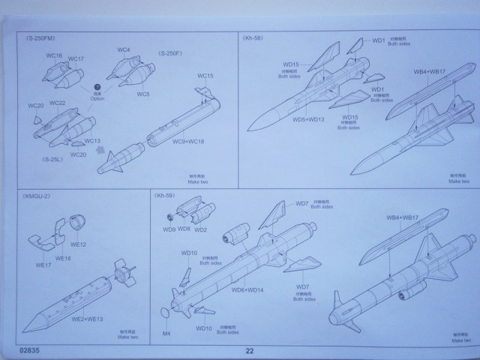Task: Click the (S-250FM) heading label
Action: click(40, 36)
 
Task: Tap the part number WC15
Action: click(205, 76)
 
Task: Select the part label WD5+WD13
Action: click(308, 118)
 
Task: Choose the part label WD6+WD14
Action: click(247, 289)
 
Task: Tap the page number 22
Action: click(249, 349)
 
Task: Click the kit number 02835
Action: click(31, 349)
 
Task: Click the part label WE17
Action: click(43, 265)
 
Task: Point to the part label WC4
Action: click(124, 51)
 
